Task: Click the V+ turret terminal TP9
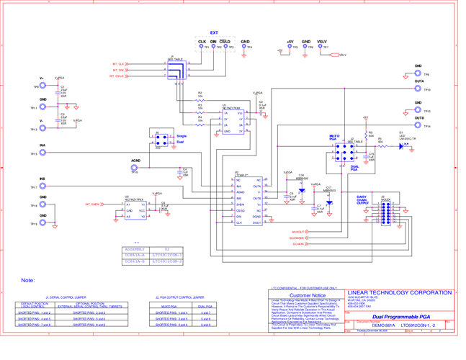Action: point(42,86)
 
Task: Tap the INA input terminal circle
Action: point(42,153)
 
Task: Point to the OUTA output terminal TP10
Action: point(418,89)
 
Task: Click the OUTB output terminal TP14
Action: point(418,125)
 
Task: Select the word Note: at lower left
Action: point(28,279)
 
